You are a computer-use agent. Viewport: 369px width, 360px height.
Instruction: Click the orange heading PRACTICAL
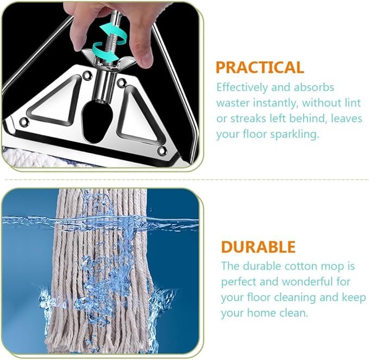260,67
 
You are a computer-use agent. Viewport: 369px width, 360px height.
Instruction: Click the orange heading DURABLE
258,247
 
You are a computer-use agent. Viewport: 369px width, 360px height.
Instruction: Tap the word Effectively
242,88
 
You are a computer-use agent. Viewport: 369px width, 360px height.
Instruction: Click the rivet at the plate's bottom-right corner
162,151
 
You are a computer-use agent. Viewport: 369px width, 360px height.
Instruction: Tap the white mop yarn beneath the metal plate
30,158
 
